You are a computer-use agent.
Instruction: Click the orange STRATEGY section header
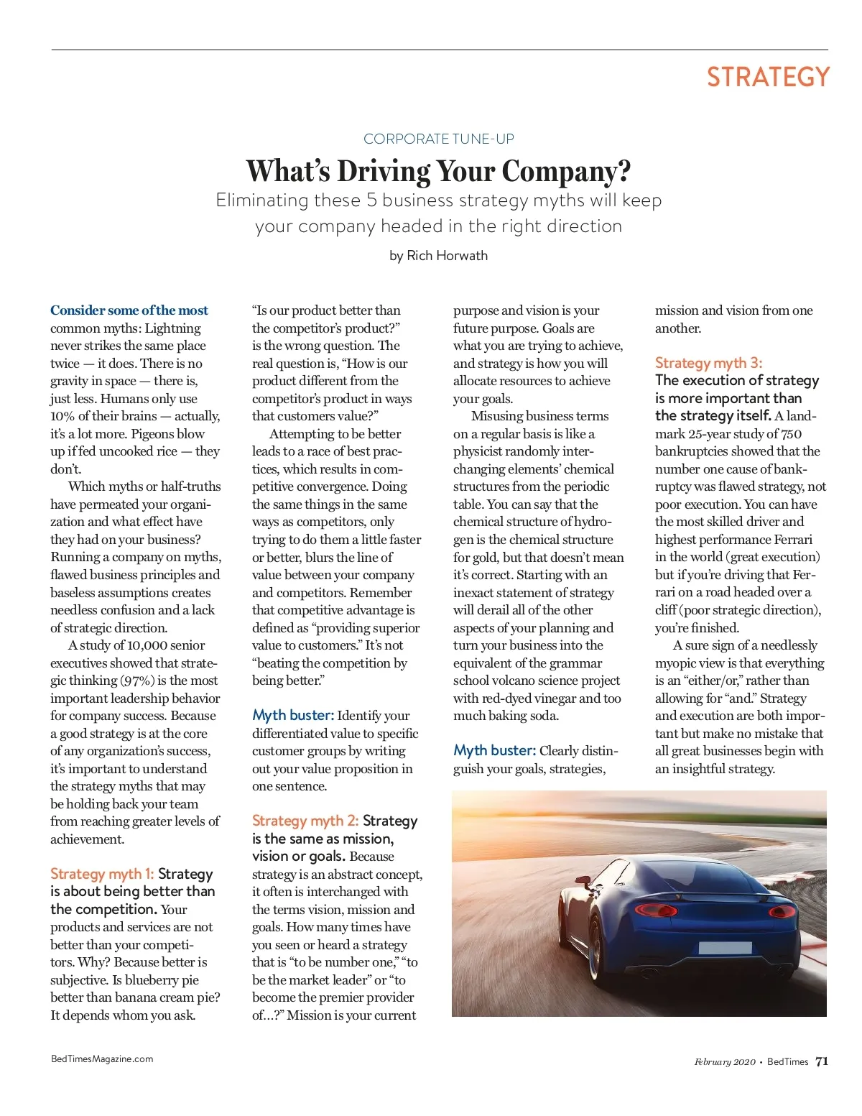click(x=767, y=78)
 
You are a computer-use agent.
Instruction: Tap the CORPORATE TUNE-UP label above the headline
click(x=438, y=139)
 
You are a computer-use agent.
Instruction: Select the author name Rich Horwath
click(x=447, y=256)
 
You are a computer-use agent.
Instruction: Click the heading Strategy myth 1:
click(x=102, y=874)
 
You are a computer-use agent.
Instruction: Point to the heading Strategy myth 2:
click(x=305, y=821)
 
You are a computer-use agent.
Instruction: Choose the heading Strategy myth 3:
click(x=708, y=363)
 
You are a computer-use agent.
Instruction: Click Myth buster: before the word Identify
click(x=292, y=716)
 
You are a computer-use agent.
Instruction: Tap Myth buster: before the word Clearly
click(x=494, y=751)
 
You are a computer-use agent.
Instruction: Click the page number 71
click(x=822, y=1061)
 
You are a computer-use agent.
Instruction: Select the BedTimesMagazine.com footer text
click(x=102, y=1059)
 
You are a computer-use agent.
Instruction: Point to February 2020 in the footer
click(x=724, y=1062)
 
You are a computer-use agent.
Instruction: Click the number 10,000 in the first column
click(x=148, y=645)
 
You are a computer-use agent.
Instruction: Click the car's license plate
click(x=724, y=947)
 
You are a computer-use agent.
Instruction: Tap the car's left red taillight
click(x=655, y=910)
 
